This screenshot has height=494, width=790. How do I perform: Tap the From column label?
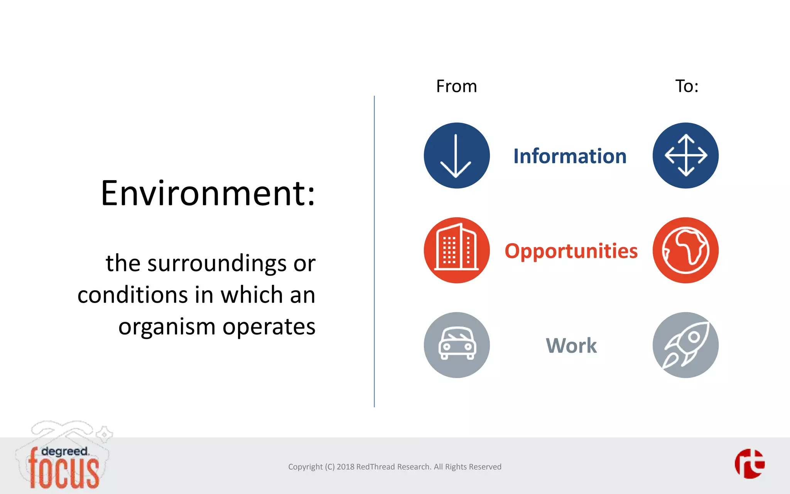tap(456, 86)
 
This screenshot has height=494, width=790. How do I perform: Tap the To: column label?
tap(687, 86)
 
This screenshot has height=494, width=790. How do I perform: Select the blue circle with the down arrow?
tap(457, 156)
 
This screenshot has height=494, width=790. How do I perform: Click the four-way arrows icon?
tap(685, 156)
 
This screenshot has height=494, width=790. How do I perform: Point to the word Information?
tap(570, 156)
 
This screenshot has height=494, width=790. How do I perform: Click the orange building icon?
tap(457, 250)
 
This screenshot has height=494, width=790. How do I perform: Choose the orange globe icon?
tap(685, 250)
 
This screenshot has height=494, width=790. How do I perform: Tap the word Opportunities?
tap(571, 251)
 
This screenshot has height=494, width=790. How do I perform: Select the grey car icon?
tap(457, 345)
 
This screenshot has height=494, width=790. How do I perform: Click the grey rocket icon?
tap(685, 345)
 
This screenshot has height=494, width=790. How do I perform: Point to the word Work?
tap(571, 345)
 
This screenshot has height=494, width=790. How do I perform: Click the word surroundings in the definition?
tap(216, 264)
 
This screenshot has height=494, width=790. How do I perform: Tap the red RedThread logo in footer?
tap(749, 464)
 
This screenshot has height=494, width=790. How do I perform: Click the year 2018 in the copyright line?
tap(345, 467)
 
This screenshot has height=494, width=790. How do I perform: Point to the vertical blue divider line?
tap(374, 251)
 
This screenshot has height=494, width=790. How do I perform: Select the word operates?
tap(269, 327)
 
